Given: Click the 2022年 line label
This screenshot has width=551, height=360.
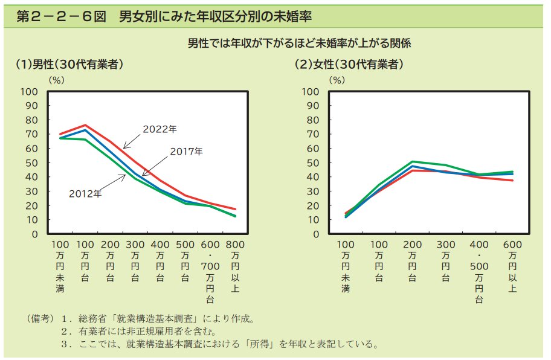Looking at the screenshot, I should (159, 129).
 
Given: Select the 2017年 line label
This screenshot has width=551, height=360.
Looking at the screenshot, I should (186, 151).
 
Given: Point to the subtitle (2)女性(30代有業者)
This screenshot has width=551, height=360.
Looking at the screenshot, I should (349, 64).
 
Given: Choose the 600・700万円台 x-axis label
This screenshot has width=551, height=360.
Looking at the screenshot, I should (210, 271).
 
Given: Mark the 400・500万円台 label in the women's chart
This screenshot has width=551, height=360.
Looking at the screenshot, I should (479, 271).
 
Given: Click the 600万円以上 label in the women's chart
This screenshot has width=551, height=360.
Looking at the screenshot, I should (512, 266).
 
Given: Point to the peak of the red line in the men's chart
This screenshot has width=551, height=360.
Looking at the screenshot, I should (85, 125).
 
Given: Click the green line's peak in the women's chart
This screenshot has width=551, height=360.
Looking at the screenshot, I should (412, 161).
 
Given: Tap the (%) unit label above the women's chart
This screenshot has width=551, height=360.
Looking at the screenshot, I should (337, 79).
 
